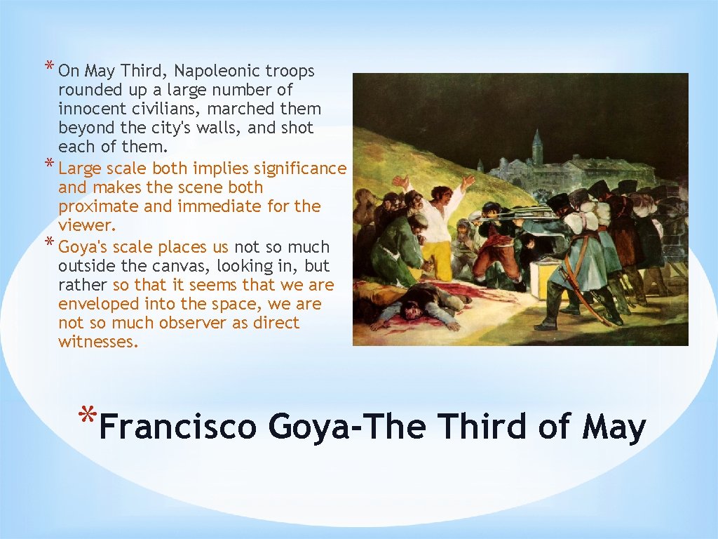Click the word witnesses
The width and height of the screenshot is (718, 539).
click(x=97, y=342)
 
